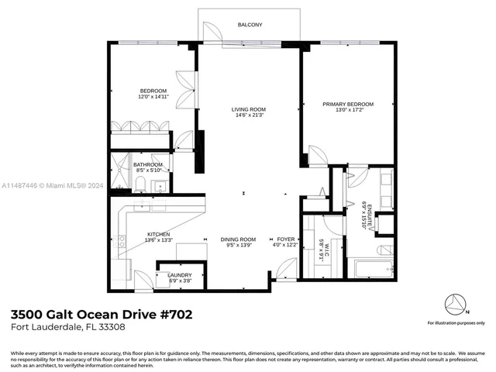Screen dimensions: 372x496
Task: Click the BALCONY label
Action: pos(250,25)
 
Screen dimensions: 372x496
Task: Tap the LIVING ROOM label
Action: pos(249,109)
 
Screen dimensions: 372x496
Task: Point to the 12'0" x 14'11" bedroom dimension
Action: pos(153,97)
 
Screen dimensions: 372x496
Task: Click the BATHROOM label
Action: pos(147,164)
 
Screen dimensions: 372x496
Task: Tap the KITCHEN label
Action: pos(159,234)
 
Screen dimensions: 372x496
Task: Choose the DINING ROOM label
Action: pos(238,239)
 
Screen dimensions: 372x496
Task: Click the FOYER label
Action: pos(286,239)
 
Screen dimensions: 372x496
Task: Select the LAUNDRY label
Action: pos(180,275)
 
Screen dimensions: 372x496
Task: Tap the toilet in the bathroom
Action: pos(140,184)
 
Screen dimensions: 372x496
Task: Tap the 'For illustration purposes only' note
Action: pos(456,322)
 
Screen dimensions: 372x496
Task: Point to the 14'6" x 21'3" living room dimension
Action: pos(249,116)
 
